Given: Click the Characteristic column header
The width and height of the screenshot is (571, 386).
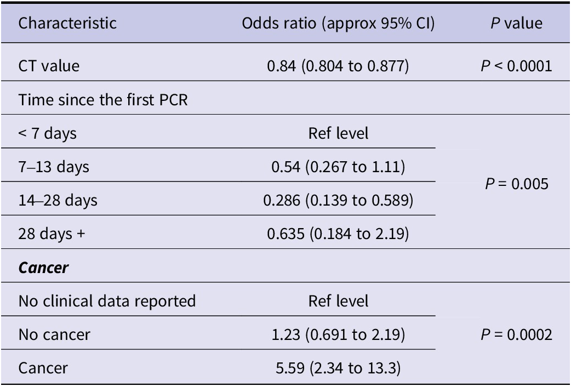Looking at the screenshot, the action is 67,23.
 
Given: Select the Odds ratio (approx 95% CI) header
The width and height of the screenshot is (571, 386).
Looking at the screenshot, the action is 338,24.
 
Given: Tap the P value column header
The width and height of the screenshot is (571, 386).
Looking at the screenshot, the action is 516,23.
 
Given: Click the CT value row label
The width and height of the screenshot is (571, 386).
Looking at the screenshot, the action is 49,66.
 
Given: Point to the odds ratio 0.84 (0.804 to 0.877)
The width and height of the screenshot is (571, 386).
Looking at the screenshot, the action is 338,66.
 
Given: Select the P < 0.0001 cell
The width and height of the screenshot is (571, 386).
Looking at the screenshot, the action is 516,66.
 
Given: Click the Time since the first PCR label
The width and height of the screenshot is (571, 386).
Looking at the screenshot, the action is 103,99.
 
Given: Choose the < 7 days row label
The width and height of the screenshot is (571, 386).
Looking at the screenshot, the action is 47,133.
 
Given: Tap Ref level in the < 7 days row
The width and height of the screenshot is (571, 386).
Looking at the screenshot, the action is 338,133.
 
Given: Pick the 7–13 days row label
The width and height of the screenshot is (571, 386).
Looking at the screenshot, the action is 54,167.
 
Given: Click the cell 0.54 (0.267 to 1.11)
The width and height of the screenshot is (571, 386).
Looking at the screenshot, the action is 338,167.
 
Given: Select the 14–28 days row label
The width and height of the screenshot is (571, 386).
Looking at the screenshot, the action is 58,201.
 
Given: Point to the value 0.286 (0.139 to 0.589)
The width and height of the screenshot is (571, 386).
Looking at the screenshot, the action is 338,201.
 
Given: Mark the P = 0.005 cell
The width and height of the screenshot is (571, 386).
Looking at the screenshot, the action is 516,184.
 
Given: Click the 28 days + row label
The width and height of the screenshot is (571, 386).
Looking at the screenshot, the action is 52,234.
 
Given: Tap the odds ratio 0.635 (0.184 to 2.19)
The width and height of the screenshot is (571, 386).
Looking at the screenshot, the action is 338,234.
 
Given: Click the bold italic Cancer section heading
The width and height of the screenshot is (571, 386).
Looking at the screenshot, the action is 43,268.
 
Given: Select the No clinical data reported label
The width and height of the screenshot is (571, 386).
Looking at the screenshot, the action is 107,302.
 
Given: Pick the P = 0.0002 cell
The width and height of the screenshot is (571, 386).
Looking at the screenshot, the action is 516,334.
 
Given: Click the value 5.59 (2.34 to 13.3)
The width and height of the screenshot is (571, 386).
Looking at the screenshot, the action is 338,368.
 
